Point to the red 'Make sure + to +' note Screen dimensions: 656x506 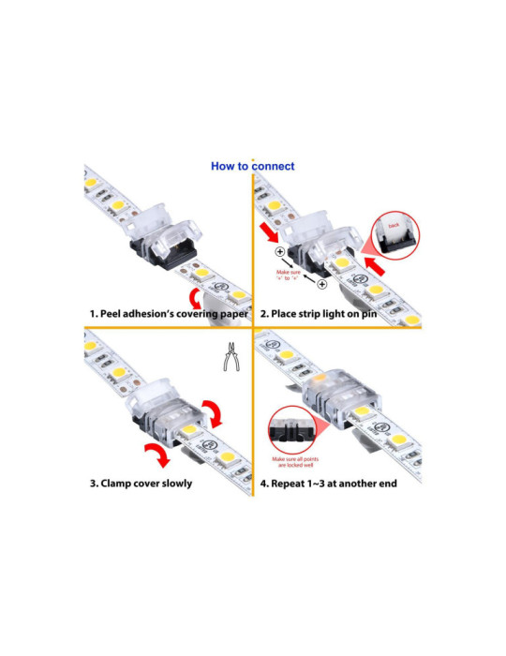(x=291, y=274)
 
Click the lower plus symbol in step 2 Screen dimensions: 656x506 (x=321, y=283)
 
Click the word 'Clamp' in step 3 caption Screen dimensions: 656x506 (x=125, y=483)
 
